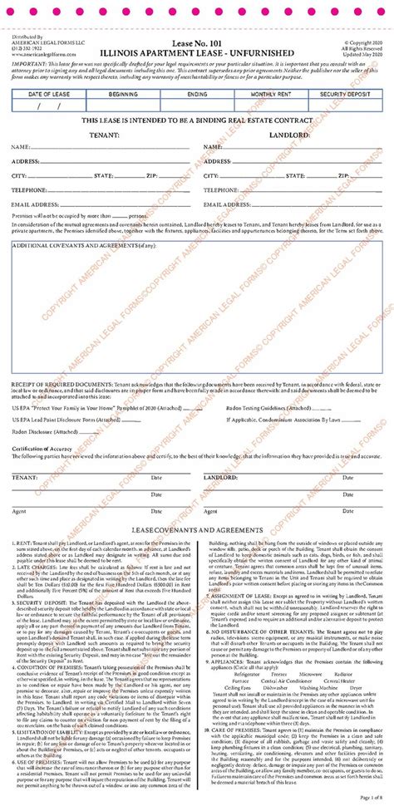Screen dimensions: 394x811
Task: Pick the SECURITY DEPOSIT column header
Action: (342, 96)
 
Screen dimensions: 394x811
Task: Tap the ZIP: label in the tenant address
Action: (153, 176)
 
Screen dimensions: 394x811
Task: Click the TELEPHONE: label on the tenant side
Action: (32, 189)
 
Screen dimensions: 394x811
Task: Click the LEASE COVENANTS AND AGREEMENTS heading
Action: (196, 529)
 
